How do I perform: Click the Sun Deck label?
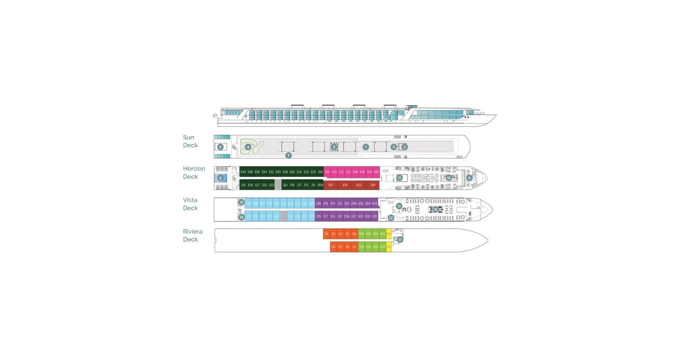tap(190, 141)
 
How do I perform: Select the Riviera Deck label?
tap(193, 236)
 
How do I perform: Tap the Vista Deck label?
tap(190, 204)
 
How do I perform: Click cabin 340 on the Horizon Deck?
tap(243, 172)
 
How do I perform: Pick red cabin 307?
tap(331, 185)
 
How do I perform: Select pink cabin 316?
tap(327, 172)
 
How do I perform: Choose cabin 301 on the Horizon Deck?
tap(372, 185)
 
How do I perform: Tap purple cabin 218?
tap(319, 203)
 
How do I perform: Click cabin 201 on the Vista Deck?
tap(374, 216)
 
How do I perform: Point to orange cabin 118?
tap(326, 234)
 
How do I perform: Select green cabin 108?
tap(361, 234)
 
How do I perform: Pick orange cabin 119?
tap(333, 247)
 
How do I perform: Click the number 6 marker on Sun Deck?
tap(220, 147)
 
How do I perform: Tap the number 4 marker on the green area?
tap(248, 147)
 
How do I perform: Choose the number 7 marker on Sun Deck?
tap(288, 155)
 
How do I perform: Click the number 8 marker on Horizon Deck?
tap(221, 178)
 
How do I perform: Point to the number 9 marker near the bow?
tap(469, 178)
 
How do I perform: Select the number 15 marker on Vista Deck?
tap(436, 209)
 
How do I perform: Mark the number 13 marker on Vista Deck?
tap(241, 202)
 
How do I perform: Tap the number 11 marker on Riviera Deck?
tap(400, 239)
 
